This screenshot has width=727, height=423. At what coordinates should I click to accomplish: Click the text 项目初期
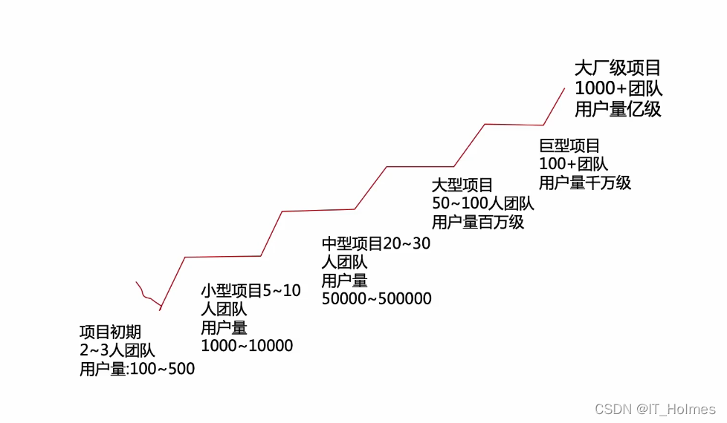pyautogui.click(x=110, y=332)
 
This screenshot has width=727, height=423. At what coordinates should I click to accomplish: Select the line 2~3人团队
pyautogui.click(x=117, y=350)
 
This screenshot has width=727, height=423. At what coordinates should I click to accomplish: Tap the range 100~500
pyautogui.click(x=162, y=369)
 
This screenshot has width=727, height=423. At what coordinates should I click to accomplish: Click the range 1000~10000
pyautogui.click(x=247, y=346)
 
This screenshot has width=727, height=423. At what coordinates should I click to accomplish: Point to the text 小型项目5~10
pyautogui.click(x=251, y=291)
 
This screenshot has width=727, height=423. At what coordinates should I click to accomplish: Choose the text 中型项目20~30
pyautogui.click(x=375, y=243)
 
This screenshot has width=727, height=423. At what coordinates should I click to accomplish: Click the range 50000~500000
pyautogui.click(x=376, y=298)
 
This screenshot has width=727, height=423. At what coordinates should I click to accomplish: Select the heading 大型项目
pyautogui.click(x=462, y=185)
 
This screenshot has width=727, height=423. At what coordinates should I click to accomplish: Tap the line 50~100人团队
pyautogui.click(x=482, y=203)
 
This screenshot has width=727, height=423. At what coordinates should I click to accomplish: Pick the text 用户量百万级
pyautogui.click(x=477, y=222)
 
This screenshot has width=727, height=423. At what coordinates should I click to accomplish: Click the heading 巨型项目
pyautogui.click(x=569, y=145)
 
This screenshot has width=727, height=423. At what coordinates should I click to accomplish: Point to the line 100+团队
pyautogui.click(x=573, y=164)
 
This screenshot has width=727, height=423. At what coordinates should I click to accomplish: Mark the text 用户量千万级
pyautogui.click(x=584, y=183)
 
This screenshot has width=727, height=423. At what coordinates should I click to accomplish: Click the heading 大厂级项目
pyautogui.click(x=617, y=68)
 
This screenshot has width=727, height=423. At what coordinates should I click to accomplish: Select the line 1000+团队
pyautogui.click(x=618, y=88)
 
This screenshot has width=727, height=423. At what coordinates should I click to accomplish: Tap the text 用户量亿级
pyautogui.click(x=617, y=109)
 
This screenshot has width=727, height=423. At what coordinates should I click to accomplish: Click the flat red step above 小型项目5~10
pyautogui.click(x=223, y=257)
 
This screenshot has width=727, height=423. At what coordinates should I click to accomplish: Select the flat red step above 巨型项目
pyautogui.click(x=514, y=125)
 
